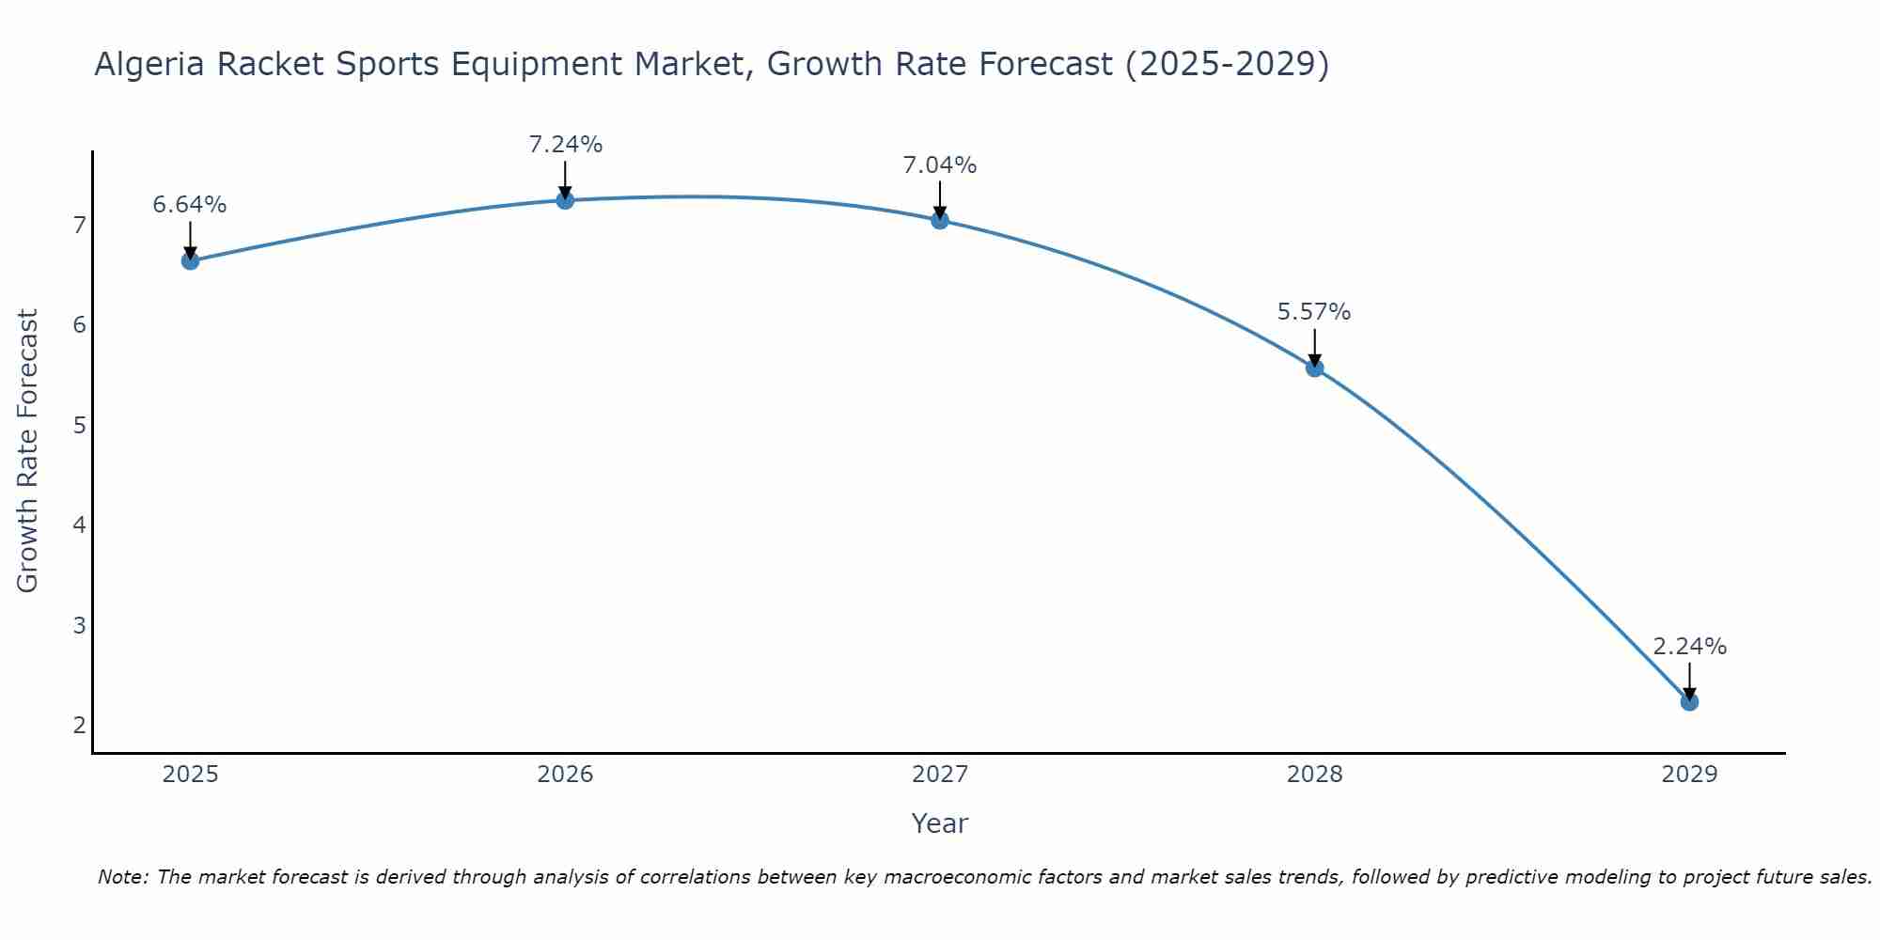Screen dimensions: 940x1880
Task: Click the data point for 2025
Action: [x=190, y=260]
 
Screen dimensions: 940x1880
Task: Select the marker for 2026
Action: [x=565, y=200]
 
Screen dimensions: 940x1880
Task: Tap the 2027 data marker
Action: [x=940, y=220]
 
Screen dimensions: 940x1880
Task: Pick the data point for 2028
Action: [x=1314, y=368]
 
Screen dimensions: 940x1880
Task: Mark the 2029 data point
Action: [x=1689, y=701]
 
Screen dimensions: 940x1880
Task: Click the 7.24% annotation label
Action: [x=565, y=145]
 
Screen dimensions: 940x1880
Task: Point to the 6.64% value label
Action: [x=190, y=205]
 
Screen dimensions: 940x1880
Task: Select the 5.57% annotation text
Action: [x=1314, y=312]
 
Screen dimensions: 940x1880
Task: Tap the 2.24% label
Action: [x=1689, y=647]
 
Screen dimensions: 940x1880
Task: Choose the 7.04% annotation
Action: [x=940, y=165]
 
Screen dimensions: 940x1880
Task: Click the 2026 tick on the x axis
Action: [x=565, y=775]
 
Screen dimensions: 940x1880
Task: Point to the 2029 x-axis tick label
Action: [x=1689, y=775]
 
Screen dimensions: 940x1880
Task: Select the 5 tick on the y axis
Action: [x=79, y=425]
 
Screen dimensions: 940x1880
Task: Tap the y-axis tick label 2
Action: [x=79, y=725]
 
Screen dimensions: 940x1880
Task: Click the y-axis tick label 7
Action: [x=79, y=225]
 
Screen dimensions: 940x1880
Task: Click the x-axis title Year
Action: [x=939, y=823]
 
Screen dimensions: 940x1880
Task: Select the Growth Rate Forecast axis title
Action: [x=28, y=450]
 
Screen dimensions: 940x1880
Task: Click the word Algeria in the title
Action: [x=150, y=64]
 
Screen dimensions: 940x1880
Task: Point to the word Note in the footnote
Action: [x=122, y=877]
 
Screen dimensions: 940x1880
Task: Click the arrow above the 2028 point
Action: [x=1314, y=347]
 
